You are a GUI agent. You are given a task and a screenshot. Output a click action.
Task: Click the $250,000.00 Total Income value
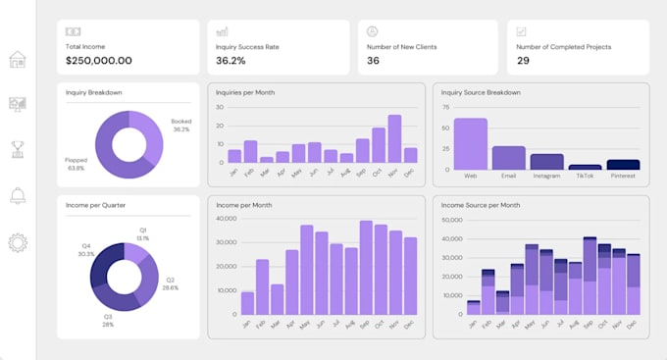[98, 61]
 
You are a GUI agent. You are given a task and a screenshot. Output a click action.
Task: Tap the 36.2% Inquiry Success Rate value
[231, 61]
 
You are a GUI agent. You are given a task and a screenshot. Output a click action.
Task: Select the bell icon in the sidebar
[17, 196]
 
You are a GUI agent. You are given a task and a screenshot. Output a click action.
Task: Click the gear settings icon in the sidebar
[17, 242]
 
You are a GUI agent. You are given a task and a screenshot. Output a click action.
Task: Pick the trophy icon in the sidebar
[17, 150]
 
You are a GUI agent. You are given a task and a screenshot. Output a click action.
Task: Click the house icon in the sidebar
[17, 60]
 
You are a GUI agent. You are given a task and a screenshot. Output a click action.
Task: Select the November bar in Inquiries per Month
[394, 138]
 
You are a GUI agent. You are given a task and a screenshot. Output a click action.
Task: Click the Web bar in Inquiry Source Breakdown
[470, 144]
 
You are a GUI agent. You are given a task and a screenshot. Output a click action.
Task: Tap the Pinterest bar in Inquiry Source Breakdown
[623, 165]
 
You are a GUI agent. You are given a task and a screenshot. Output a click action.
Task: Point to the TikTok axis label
[585, 177]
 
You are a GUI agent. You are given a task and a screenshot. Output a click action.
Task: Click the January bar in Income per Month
[247, 303]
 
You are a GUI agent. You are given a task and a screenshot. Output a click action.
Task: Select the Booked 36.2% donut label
[180, 126]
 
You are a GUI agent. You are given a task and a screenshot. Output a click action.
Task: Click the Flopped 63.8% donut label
[76, 163]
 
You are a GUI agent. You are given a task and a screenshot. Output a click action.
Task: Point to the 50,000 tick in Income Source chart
[451, 221]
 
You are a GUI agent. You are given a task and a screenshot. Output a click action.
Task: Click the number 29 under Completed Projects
[523, 61]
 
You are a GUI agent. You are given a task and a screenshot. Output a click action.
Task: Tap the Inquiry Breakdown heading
[94, 93]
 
